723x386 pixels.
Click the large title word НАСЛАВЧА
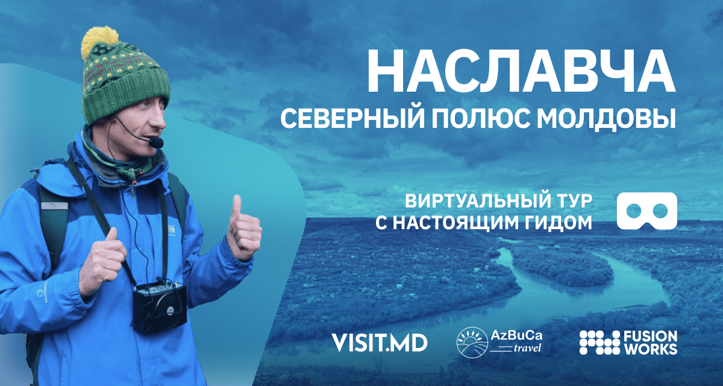(x=521, y=71)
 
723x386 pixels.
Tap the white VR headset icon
(x=647, y=210)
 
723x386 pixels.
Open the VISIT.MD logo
(x=380, y=343)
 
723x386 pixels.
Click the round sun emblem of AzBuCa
(x=472, y=343)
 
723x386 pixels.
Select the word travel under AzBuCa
(x=527, y=348)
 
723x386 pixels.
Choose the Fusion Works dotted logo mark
(x=599, y=343)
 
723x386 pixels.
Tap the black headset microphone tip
(x=157, y=142)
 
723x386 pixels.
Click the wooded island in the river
(x=561, y=265)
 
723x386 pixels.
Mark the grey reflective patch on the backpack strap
(x=55, y=206)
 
